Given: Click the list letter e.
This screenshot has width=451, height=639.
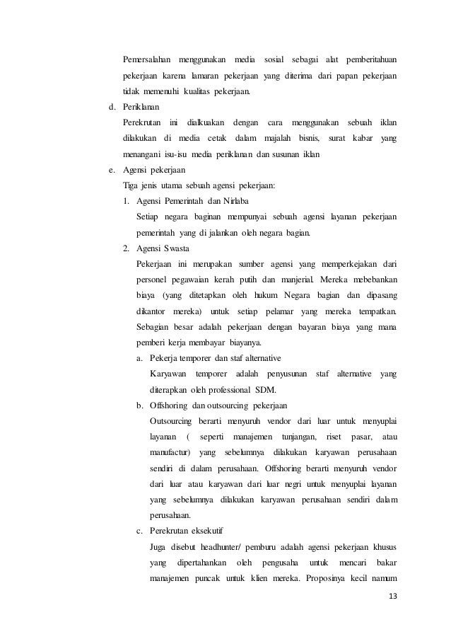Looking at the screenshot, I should tap(110, 171).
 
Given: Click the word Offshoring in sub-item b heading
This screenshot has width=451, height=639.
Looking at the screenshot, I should tap(170, 405).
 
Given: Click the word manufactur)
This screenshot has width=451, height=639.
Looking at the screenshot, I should tap(170, 452).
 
